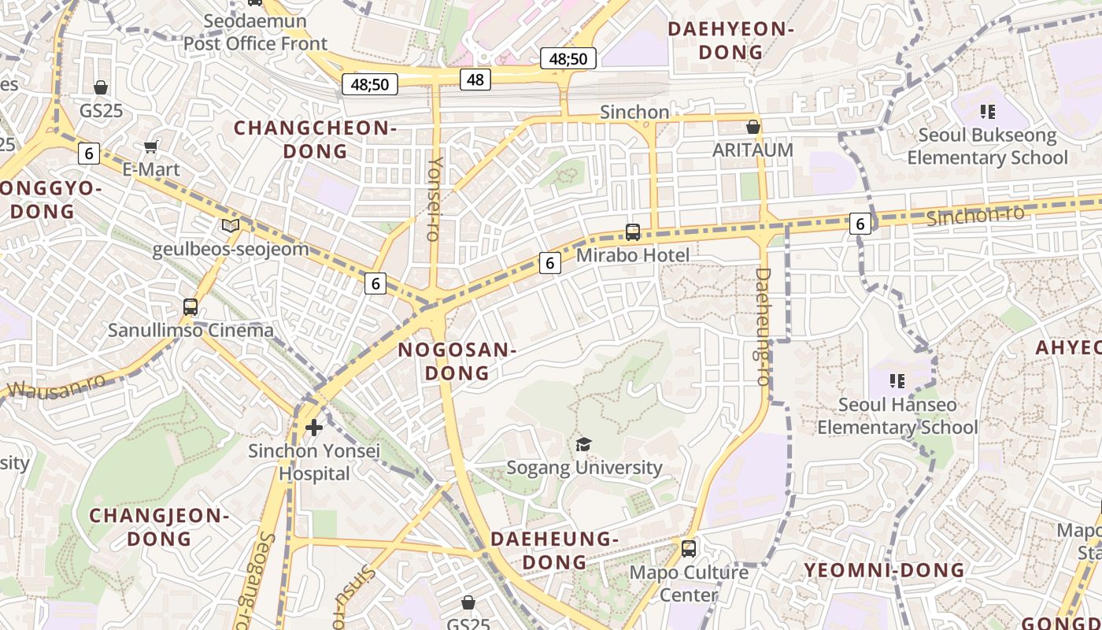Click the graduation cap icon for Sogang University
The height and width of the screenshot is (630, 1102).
coord(582,445)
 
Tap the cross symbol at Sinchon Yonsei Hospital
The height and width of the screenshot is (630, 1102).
coord(314,428)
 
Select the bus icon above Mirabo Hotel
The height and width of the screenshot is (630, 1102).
coord(633,232)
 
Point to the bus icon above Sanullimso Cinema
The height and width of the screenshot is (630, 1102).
coord(190,307)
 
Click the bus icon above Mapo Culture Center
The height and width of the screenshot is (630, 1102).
coord(689,548)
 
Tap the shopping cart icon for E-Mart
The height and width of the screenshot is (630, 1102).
coord(150,146)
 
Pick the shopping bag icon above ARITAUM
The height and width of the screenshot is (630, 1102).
coord(753,126)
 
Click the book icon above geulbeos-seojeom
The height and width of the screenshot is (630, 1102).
coord(231,226)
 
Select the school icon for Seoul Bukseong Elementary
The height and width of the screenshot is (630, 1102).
coord(987,112)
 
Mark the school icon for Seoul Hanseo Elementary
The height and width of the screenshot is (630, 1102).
coord(897,382)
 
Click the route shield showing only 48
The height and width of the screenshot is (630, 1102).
coord(475,79)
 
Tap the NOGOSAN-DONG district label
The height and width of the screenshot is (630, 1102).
coord(457,361)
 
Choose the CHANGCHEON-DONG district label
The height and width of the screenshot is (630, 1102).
coord(315,139)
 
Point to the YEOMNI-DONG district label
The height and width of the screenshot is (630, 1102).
coord(884,570)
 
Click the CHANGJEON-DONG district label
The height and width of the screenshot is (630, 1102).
coord(159,527)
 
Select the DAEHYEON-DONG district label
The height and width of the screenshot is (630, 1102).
coord(731,40)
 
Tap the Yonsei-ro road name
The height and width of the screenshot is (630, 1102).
coord(435,198)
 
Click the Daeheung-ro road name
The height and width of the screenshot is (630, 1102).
coord(762,326)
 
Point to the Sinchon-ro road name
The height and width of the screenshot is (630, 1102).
coord(975,215)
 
